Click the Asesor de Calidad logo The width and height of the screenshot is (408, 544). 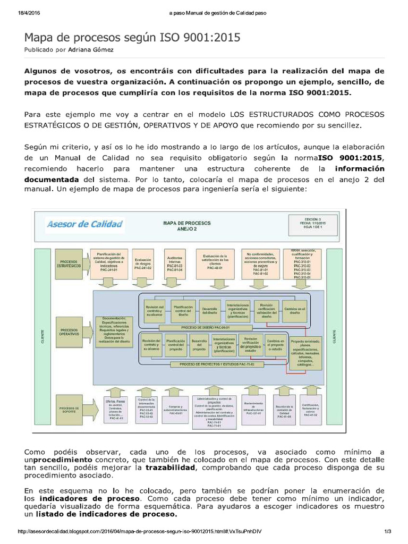click(x=85, y=224)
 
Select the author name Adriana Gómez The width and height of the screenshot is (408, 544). click(x=91, y=49)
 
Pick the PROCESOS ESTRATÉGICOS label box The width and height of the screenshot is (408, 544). click(x=70, y=263)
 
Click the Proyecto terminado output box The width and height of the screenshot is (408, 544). click(x=305, y=353)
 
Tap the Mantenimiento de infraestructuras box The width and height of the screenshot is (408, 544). click(x=257, y=409)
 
